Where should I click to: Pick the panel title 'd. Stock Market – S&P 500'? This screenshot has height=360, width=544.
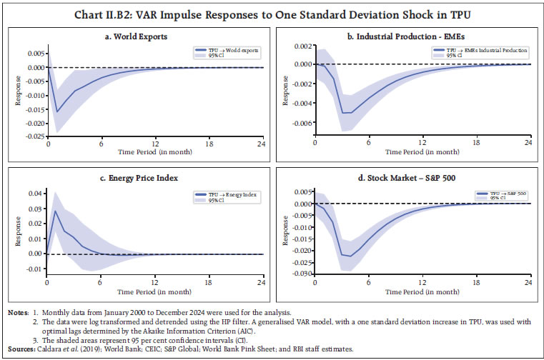[407, 178]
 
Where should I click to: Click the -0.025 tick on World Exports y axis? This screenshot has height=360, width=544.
[32, 136]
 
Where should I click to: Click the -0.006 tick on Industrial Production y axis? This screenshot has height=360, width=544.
[300, 123]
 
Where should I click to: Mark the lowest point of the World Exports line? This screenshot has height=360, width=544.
[57, 111]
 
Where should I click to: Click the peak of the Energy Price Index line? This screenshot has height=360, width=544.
[56, 211]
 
